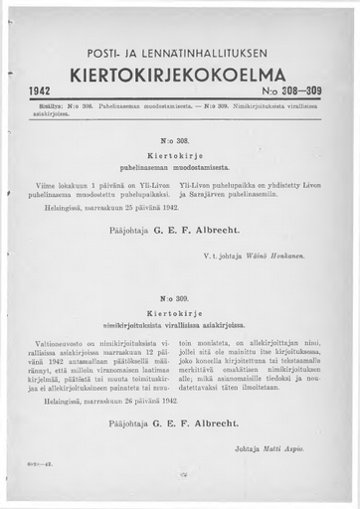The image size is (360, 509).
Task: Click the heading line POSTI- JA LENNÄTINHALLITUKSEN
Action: pyautogui.click(x=180, y=57)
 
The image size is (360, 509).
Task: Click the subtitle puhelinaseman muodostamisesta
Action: pyautogui.click(x=179, y=169)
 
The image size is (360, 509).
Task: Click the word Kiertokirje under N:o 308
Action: pyautogui.click(x=179, y=157)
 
